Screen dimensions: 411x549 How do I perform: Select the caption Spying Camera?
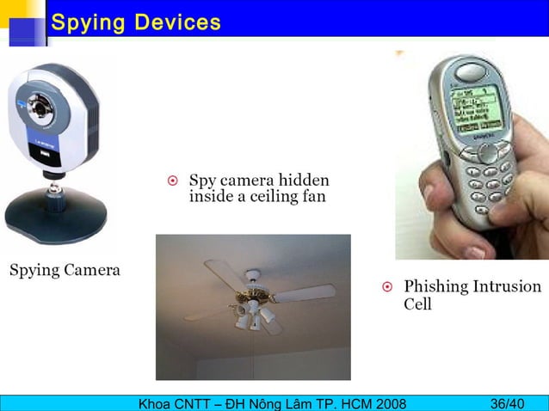[x=65, y=271]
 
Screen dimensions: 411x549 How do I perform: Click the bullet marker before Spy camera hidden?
[x=172, y=181]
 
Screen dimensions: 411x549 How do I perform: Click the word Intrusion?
[x=508, y=286]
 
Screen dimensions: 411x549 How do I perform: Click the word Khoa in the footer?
[x=144, y=403]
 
